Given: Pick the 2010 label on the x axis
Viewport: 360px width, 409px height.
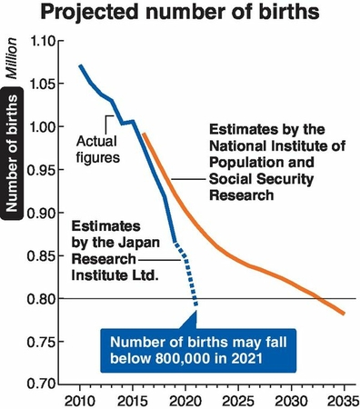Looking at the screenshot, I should click(80, 399).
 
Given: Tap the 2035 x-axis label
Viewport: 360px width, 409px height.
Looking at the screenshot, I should click(344, 399).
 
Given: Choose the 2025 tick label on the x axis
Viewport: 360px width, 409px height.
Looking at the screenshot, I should click(239, 399).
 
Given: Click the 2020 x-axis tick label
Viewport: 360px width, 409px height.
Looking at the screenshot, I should click(185, 399).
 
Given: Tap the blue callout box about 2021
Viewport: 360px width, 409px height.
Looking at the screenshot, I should click(186, 349).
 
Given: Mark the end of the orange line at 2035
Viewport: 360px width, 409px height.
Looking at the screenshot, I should click(345, 314).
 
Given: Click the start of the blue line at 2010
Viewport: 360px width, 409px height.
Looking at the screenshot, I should click(80, 65).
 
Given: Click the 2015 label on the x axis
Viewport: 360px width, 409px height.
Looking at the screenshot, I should click(133, 399).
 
